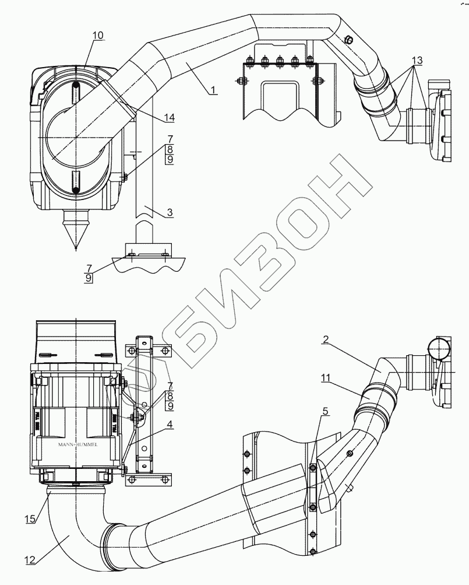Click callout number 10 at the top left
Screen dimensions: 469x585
click(97, 36)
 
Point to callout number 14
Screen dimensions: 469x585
click(169, 117)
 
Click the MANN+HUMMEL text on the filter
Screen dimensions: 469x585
click(78, 444)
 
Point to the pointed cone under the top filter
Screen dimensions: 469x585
click(76, 233)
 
